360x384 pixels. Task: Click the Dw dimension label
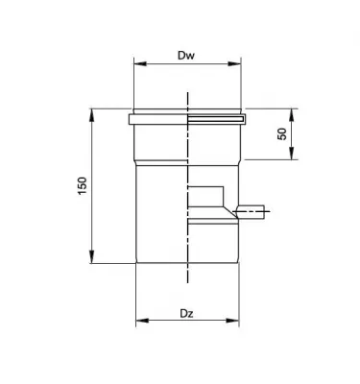pos(187,57)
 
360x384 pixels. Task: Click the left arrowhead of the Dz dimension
pos(138,320)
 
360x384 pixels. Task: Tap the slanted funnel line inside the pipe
pos(224,204)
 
